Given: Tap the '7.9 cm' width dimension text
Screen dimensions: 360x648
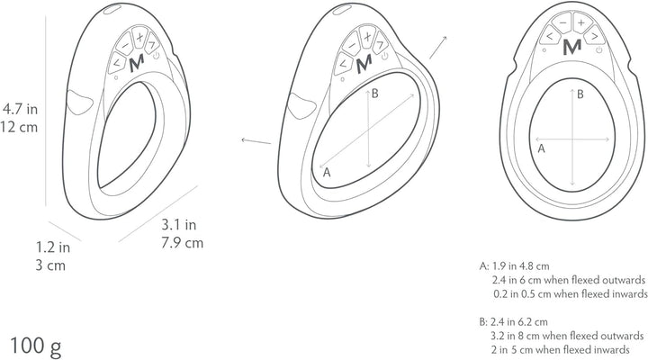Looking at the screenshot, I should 181,243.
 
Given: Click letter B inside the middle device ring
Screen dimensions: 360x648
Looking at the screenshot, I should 375,94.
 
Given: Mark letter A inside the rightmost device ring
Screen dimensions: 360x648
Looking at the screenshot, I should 540,151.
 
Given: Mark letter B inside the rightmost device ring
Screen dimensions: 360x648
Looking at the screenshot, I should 580,94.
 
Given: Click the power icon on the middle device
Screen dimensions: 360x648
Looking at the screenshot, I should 384,55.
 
